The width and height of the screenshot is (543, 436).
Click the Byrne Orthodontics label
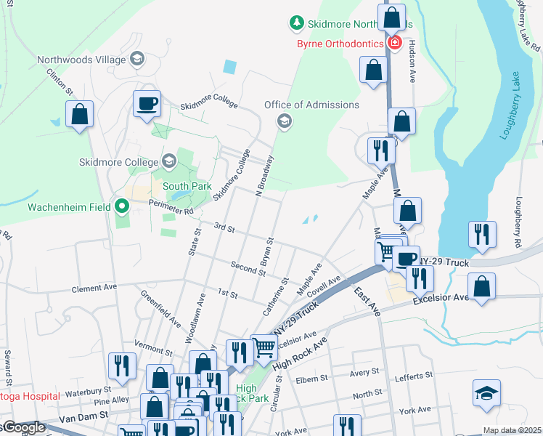point(340,44)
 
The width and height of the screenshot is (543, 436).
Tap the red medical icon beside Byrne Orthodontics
point(394,43)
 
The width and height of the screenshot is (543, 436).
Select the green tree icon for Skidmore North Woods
point(296,24)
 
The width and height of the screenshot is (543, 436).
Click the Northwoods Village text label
point(81,58)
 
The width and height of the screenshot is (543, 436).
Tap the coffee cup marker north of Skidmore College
point(147,103)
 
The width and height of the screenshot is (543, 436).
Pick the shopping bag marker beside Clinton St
point(79,114)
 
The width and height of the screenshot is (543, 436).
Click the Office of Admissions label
point(311,105)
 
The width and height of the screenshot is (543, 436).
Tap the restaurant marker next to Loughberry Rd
point(482,234)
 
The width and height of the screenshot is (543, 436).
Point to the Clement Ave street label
point(94,288)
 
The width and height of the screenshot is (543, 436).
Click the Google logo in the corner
point(24,427)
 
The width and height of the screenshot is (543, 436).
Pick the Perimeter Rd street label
point(169,207)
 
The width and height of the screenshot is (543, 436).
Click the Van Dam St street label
point(83,416)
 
